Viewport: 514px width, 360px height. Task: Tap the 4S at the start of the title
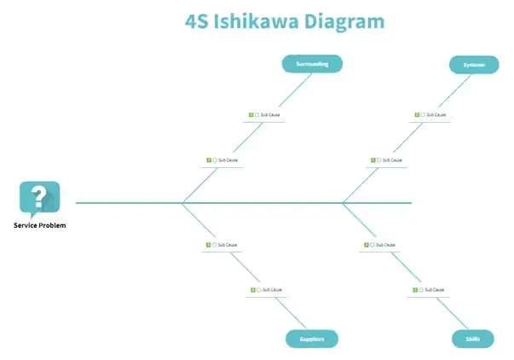pyautogui.click(x=199, y=20)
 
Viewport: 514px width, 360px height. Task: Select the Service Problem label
pyautogui.click(x=39, y=225)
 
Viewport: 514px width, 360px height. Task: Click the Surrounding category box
pyautogui.click(x=312, y=64)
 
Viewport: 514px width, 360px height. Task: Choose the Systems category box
pyautogui.click(x=474, y=65)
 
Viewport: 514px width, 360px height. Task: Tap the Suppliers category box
pyautogui.click(x=311, y=339)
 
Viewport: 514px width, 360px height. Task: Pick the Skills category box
pyautogui.click(x=472, y=339)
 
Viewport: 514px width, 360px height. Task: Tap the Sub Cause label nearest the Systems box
pyautogui.click(x=436, y=114)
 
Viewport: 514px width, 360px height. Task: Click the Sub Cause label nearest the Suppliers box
pyautogui.click(x=271, y=290)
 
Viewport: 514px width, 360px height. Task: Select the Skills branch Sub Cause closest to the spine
pyautogui.click(x=385, y=245)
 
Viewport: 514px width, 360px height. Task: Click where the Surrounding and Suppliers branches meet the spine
pyautogui.click(x=182, y=203)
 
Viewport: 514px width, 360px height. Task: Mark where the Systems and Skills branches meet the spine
pyautogui.click(x=343, y=203)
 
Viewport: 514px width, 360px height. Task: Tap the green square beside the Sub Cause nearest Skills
pyautogui.click(x=416, y=290)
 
